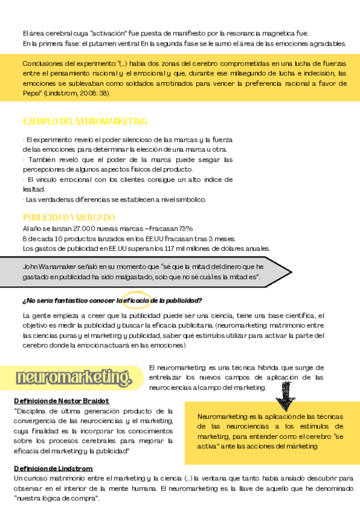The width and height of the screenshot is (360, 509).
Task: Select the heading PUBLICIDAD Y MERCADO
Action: tap(69, 217)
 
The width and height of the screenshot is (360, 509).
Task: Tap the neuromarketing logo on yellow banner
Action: tap(74, 377)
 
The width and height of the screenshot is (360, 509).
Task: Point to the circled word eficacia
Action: tap(137, 300)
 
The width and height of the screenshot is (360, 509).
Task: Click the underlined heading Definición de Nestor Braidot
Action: tap(61, 400)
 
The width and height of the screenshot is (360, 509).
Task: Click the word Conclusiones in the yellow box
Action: tap(43, 64)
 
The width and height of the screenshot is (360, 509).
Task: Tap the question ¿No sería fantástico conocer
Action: tap(66, 300)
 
